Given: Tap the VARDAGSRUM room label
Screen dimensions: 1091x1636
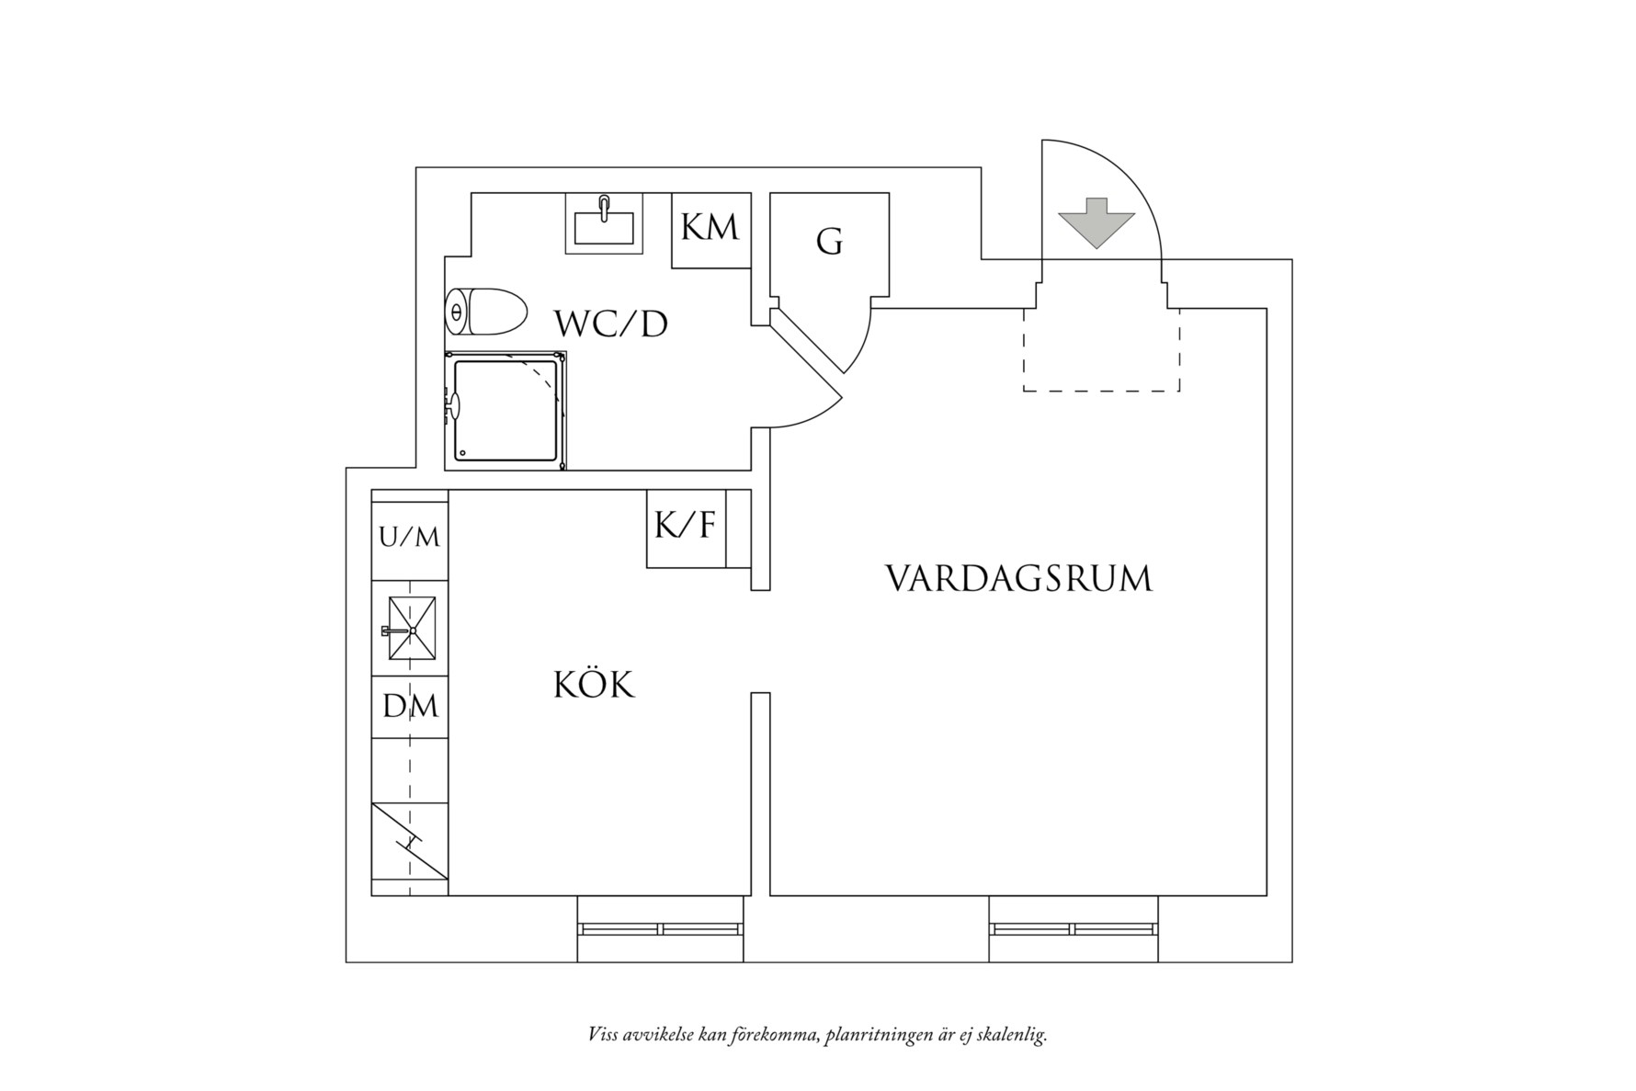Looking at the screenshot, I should [1018, 579].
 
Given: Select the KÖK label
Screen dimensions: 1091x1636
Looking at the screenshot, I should [594, 685].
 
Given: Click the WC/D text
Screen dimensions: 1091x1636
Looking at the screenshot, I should [610, 324].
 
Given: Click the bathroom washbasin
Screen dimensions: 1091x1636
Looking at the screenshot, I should [603, 225].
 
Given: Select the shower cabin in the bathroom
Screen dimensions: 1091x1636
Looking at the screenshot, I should [506, 410].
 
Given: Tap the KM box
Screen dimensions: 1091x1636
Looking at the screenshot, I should [710, 229].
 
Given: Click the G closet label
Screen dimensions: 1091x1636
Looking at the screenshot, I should [829, 243].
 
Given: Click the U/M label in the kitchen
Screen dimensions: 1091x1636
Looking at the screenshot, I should [409, 537].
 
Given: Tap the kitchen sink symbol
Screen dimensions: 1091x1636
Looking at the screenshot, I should [411, 629].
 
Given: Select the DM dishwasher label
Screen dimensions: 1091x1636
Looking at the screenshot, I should [410, 707].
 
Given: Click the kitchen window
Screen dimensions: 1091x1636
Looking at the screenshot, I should [660, 929].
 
